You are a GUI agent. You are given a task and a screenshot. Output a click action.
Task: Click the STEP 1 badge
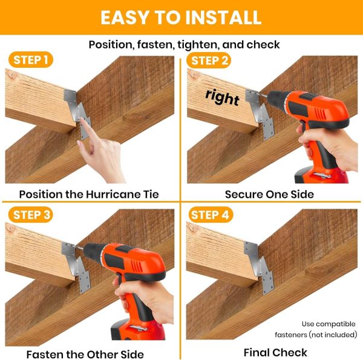[31, 61]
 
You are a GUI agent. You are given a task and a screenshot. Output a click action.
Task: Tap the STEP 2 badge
[209, 61]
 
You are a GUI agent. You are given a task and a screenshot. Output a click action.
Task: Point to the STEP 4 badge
[209, 215]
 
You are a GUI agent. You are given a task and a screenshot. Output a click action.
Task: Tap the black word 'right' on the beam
[222, 97]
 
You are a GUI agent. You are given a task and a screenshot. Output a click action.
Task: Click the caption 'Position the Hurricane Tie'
[89, 194]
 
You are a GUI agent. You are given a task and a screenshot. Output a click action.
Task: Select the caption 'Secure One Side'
[269, 194]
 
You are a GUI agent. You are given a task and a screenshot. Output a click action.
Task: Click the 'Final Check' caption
[275, 352]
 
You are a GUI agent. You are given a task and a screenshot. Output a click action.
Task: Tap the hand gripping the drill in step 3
[136, 296]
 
